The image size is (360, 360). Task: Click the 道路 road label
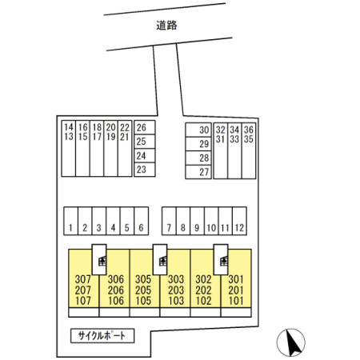click(166, 26)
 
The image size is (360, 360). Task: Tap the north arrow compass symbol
click(291, 342)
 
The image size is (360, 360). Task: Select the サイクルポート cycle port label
click(102, 336)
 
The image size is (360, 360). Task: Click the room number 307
click(83, 279)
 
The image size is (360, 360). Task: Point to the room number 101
click(236, 301)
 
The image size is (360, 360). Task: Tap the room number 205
click(143, 290)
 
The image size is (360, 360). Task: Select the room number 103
click(176, 301)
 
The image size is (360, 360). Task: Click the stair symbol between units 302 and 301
click(224, 261)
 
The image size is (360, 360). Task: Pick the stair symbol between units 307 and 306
click(102, 261)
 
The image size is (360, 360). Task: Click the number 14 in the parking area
click(69, 127)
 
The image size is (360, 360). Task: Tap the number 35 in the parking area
click(249, 139)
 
